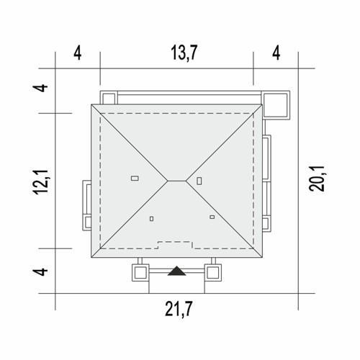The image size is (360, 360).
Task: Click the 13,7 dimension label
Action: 184,53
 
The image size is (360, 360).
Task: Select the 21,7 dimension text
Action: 179,309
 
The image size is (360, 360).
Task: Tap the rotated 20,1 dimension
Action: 317,179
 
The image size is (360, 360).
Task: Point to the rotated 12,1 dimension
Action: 40,182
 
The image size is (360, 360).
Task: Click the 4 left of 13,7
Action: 77,53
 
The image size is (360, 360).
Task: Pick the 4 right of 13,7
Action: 276,53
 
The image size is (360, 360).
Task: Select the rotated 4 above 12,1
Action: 40,88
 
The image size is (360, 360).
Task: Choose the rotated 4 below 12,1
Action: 40,271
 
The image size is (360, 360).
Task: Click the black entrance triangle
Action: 177,271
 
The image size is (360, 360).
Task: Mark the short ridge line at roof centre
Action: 177,181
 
